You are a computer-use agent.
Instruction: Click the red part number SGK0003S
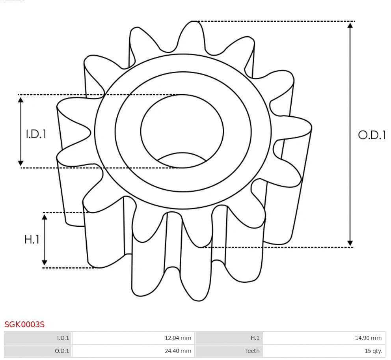[24, 325]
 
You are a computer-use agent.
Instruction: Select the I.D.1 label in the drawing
[36, 134]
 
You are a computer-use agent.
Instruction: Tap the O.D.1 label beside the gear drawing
[372, 135]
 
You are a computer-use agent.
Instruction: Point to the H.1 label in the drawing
[32, 239]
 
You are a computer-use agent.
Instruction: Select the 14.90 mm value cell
[323, 338]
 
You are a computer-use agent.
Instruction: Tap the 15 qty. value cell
[323, 351]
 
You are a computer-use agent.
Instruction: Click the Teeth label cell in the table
[229, 351]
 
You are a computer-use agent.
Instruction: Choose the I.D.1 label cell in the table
[39, 338]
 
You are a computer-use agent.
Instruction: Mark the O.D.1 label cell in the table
[39, 351]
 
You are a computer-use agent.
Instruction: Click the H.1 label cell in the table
[229, 338]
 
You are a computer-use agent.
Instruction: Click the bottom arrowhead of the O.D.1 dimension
[350, 243]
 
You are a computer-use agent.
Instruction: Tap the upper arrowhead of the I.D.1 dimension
[21, 99]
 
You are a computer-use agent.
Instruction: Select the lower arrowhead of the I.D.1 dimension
[21, 163]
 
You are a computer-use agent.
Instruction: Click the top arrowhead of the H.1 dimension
[45, 217]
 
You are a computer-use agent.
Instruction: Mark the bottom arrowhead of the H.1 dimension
[45, 263]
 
